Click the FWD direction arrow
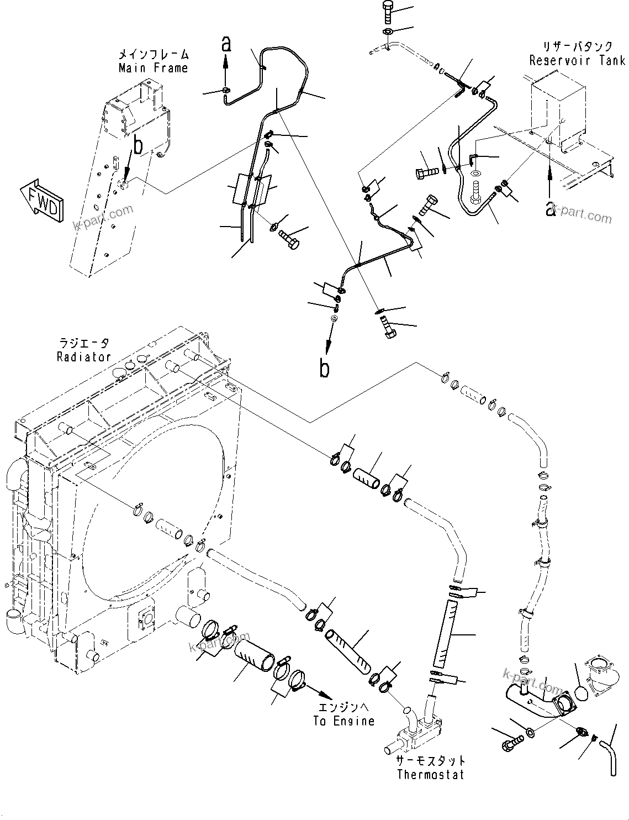42,199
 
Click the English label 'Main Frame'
153,68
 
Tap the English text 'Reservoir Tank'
577,60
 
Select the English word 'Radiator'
83,357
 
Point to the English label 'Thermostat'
431,774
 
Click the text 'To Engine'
344,721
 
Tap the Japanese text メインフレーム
153,55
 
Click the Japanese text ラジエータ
84,344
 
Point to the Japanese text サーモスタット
431,761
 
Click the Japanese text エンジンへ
344,707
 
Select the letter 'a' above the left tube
225,43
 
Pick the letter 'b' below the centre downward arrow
324,369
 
